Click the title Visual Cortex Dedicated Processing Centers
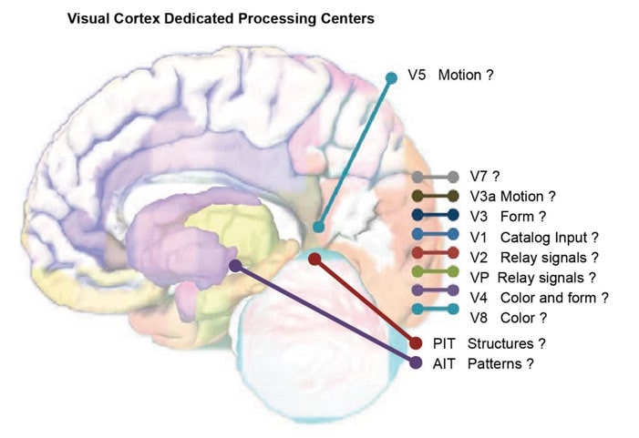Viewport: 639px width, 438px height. tap(221, 18)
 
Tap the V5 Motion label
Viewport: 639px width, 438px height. tap(450, 76)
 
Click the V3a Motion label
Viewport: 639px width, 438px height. tap(512, 196)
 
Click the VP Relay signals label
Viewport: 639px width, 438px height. tap(533, 277)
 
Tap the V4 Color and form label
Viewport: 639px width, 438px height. tap(538, 297)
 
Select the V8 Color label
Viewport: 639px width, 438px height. tap(509, 317)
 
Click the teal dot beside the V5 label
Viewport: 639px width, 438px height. tap(392, 77)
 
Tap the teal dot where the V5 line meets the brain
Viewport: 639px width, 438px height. tap(318, 227)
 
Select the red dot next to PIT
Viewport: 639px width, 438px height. tap(416, 343)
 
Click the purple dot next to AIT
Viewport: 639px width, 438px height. tap(416, 363)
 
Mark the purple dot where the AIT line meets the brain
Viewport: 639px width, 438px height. tap(235, 266)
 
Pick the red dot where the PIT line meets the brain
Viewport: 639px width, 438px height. tap(314, 260)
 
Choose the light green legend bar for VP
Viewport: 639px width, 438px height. tap(435, 277)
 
